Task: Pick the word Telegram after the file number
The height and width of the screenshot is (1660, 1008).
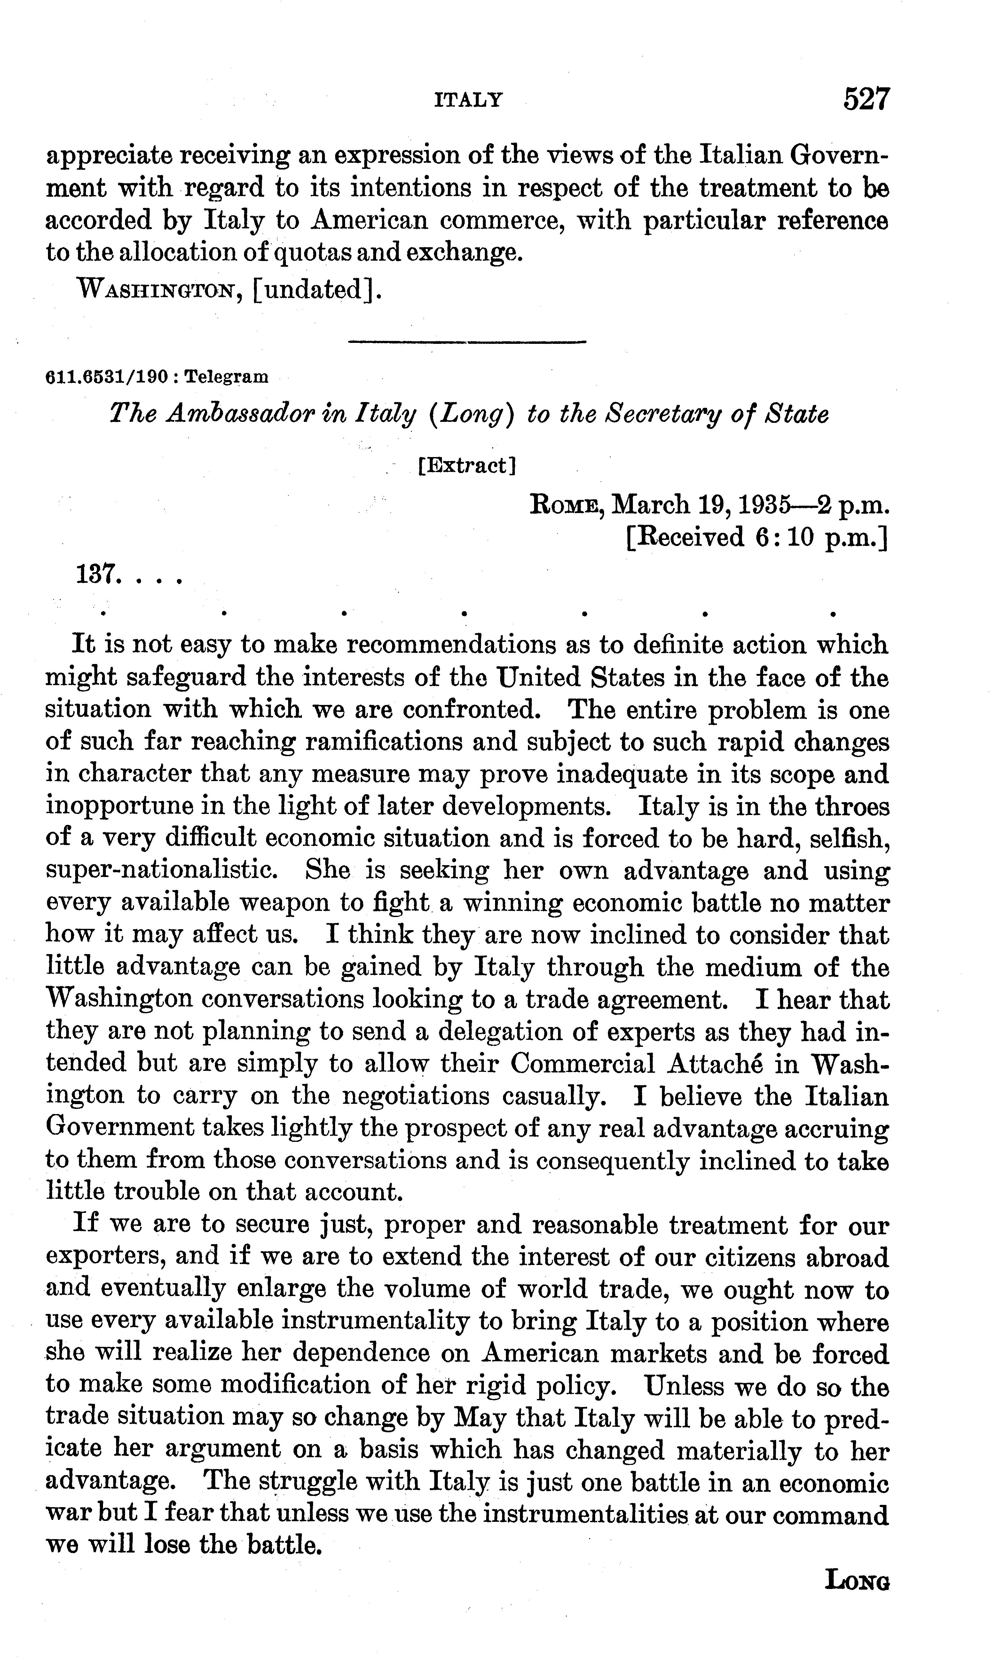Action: coord(226,377)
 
